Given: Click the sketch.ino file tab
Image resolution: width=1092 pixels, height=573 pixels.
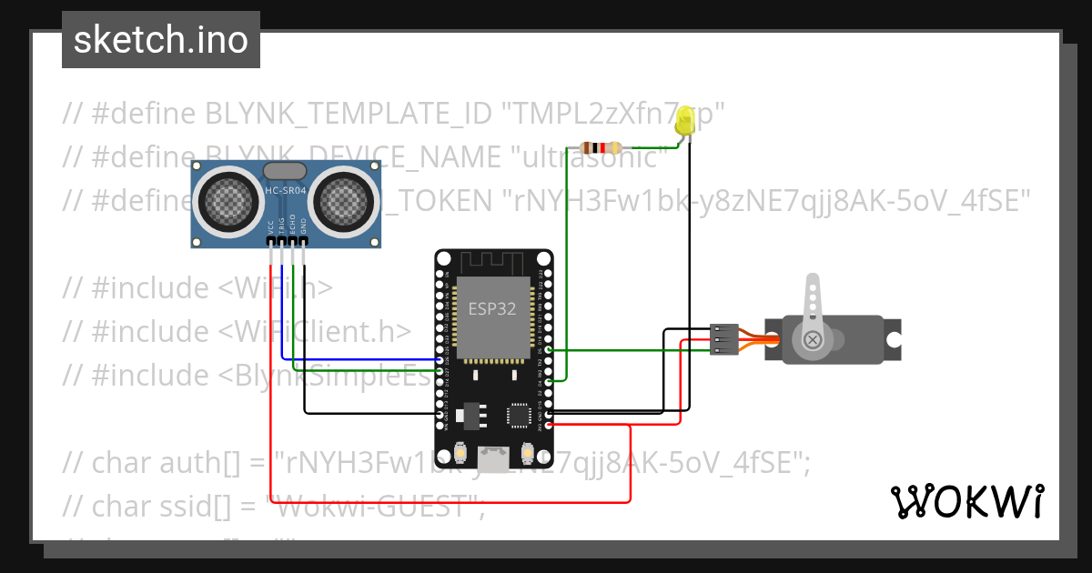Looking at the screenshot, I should pyautogui.click(x=160, y=40).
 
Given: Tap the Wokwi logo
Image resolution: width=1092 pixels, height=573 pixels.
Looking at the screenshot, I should pyautogui.click(x=966, y=501).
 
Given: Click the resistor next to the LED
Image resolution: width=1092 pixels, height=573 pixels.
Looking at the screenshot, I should pyautogui.click(x=601, y=148).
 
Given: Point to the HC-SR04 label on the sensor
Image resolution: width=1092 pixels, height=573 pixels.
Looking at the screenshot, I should pyautogui.click(x=285, y=191).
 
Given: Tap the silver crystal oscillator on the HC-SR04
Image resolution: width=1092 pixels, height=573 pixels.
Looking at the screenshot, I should pyautogui.click(x=285, y=170).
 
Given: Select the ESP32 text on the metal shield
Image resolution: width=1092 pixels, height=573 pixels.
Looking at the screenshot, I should pyautogui.click(x=492, y=308).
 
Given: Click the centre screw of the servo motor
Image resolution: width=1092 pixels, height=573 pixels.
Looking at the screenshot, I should pyautogui.click(x=813, y=339).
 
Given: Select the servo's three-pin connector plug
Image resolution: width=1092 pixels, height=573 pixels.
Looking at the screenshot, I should pyautogui.click(x=723, y=339).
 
